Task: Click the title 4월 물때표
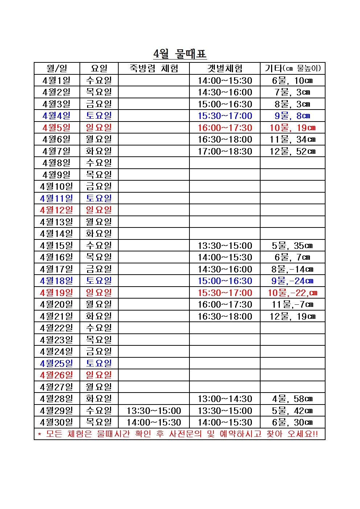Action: [x=180, y=54]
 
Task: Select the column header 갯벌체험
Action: [x=225, y=69]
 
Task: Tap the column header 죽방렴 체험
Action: [x=154, y=69]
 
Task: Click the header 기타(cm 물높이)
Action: [x=292, y=69]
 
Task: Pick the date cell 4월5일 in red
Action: [x=57, y=128]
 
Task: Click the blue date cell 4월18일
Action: [x=57, y=281]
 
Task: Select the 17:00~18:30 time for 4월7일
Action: [x=225, y=151]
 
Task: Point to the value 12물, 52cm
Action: [x=292, y=151]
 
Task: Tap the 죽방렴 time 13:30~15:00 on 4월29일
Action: [x=154, y=411]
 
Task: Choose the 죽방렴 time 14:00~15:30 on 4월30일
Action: [x=154, y=422]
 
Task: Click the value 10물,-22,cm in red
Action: [x=292, y=293]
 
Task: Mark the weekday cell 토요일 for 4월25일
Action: [x=99, y=364]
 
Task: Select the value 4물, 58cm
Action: [x=292, y=399]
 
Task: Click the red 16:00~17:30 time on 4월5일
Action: [x=225, y=128]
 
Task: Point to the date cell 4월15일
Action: [x=57, y=246]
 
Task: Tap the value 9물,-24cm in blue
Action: [x=292, y=281]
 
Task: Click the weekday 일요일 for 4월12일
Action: [x=99, y=210]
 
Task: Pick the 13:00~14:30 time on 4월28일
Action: [x=225, y=399]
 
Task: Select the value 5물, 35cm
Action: [x=292, y=246]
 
